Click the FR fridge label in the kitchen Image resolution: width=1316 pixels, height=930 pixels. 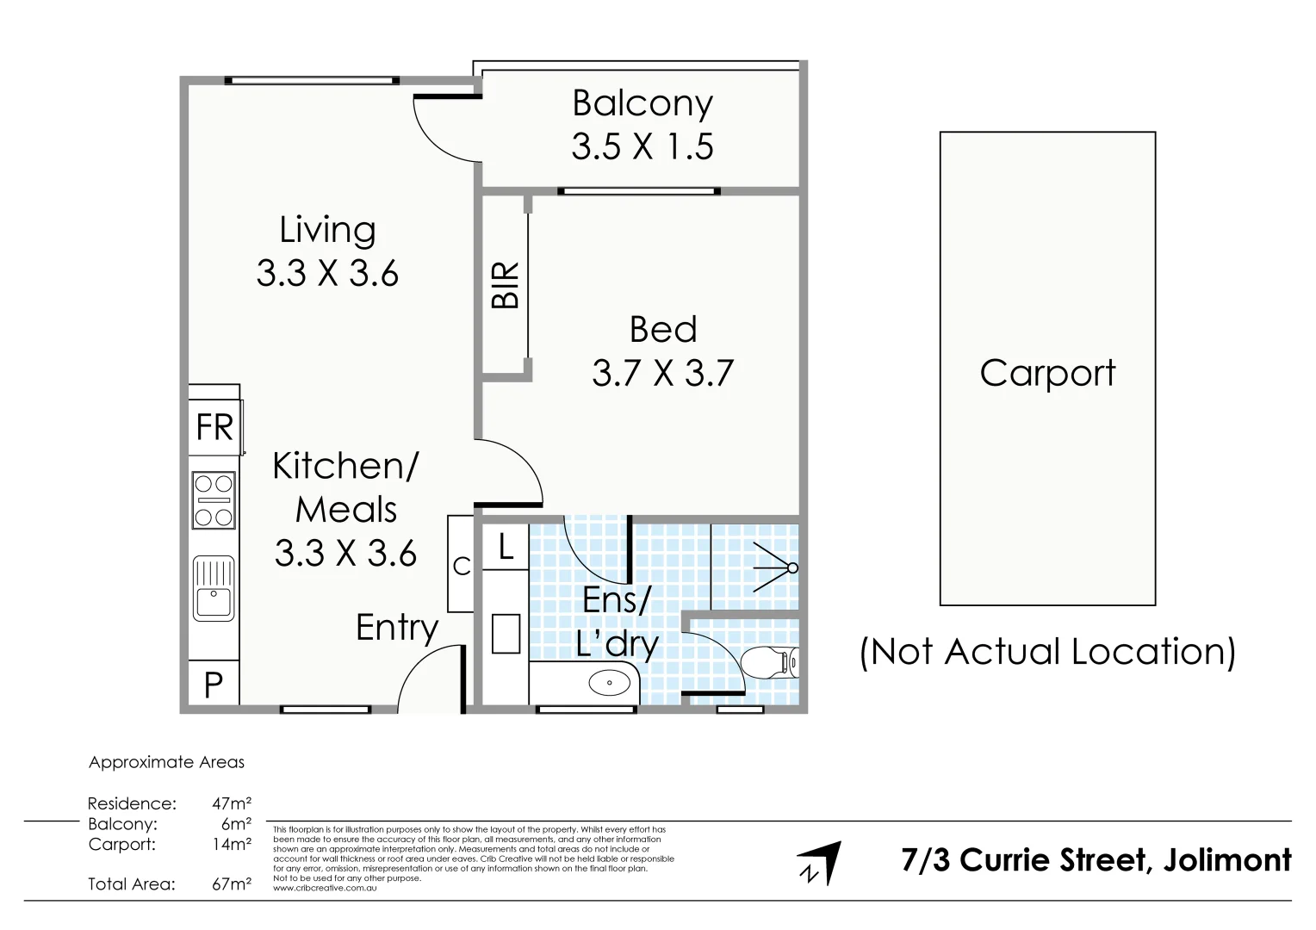coord(214,427)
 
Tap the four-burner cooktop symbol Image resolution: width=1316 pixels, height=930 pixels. coord(214,499)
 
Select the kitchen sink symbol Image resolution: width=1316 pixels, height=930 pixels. coord(214,588)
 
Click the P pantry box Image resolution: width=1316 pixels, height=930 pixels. coord(214,685)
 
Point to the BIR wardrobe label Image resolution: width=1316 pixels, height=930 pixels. coord(506,285)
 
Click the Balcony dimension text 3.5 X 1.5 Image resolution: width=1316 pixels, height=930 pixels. coord(642,146)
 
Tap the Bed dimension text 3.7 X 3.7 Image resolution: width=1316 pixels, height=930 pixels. coord(662,373)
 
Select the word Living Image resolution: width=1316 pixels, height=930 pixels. coord(327,230)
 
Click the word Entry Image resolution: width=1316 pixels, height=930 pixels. coord(397,628)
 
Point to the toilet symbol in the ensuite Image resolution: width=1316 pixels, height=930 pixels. coord(769,662)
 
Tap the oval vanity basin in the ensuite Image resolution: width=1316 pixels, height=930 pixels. coord(609,684)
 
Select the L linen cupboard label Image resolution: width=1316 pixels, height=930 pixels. coord(506,547)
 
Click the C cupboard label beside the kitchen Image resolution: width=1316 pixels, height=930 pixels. coord(462,566)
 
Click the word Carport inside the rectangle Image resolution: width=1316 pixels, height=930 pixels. coord(1047,373)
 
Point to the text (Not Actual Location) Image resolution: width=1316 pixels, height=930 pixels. coord(1047,652)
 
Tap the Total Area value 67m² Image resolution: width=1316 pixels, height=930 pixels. coord(232,883)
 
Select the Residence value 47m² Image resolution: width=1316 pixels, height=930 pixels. coord(232,803)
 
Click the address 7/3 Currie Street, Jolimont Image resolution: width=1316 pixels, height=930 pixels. coord(1096,860)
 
